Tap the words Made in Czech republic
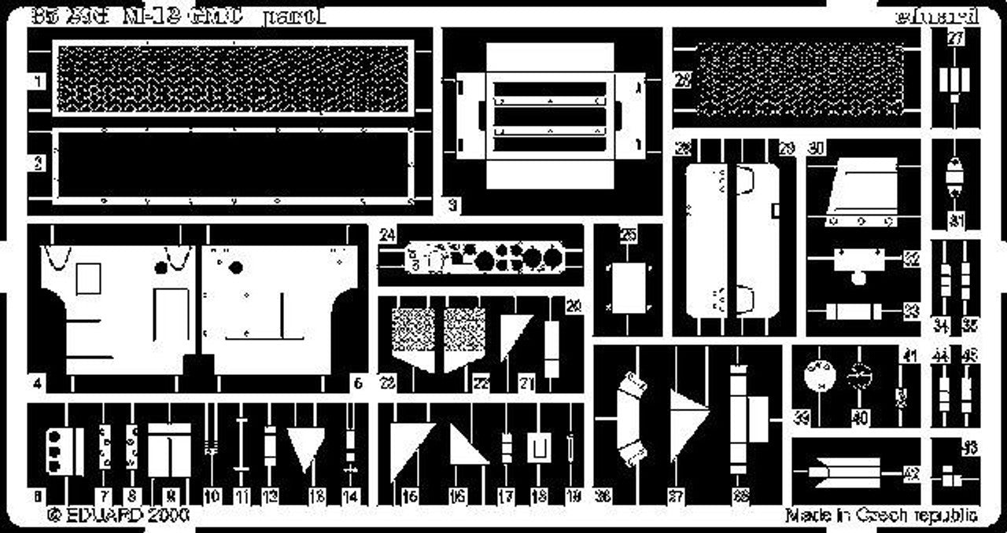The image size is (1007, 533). coord(881,516)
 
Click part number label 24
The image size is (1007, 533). coord(385,233)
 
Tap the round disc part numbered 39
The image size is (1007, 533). coord(820,377)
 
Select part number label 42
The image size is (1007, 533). coord(911,473)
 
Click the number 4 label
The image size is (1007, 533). coord(38,384)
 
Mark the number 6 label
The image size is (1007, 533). coord(357,384)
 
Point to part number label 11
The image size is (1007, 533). coord(241,497)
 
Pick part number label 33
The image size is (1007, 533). coord(911,312)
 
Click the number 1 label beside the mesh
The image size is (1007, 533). coord(38,81)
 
